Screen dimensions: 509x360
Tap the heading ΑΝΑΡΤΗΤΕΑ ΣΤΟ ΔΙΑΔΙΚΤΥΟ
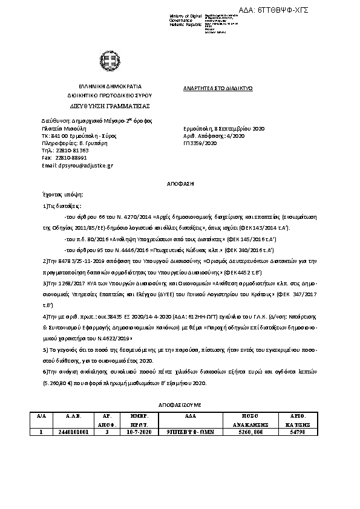click(218, 88)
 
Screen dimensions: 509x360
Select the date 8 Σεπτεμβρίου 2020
click(240, 129)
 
